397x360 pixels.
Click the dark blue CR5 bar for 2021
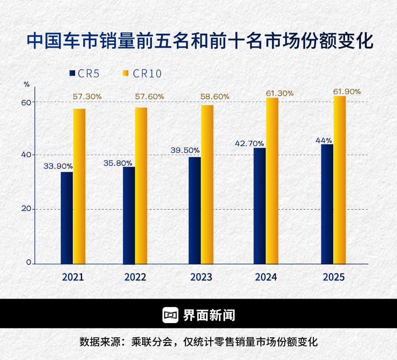(67, 218)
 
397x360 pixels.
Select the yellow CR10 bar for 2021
(79, 186)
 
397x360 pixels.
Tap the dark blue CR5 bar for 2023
(194, 210)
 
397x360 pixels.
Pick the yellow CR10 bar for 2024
(272, 181)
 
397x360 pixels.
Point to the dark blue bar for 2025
(327, 204)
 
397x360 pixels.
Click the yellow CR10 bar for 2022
(141, 185)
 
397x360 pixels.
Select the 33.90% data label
(58, 166)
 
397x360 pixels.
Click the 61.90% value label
(347, 92)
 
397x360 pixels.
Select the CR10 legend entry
(142, 73)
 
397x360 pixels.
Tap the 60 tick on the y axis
(26, 102)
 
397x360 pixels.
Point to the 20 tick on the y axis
(26, 209)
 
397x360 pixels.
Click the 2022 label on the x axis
(135, 277)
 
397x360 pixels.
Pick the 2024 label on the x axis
(266, 277)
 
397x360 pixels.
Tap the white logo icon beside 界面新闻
(170, 315)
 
